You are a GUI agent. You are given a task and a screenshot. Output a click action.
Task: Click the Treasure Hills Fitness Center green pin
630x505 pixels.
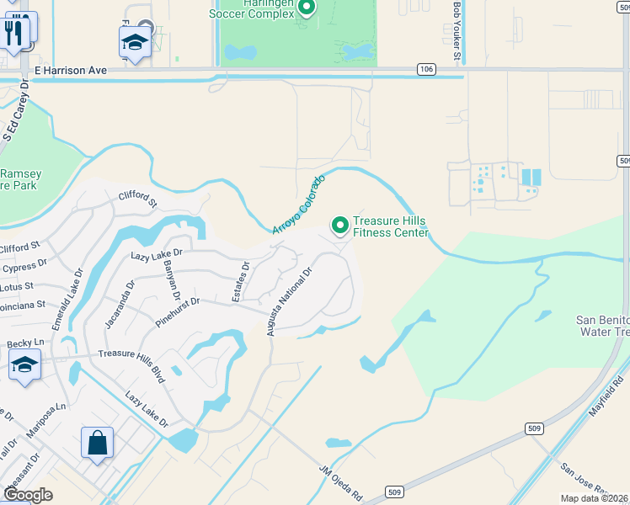coord(340,226)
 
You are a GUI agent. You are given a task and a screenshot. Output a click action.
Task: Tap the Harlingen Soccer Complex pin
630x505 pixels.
coord(307,9)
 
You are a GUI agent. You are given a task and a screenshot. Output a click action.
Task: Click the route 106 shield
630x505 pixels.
coord(426,69)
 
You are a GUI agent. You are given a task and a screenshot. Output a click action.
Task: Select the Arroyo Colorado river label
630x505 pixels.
coord(298,205)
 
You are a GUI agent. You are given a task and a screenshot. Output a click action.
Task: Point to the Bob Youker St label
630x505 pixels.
coord(457,31)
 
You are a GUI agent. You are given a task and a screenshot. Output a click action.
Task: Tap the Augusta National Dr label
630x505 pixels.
coord(290,301)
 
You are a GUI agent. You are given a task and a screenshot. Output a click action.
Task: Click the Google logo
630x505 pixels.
coord(28,494)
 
